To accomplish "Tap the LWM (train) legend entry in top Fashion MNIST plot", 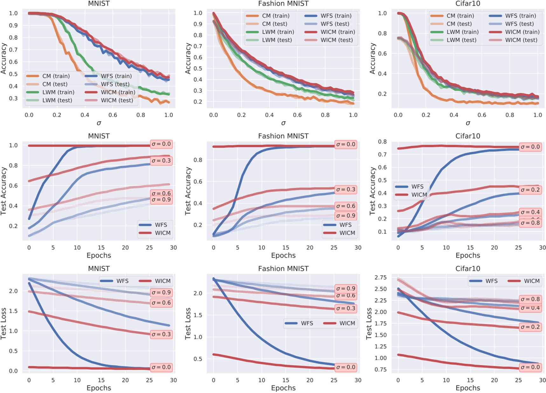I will point(270,32).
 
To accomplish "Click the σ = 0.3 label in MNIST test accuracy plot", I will point(161,161).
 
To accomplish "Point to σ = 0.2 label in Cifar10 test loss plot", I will point(530,327).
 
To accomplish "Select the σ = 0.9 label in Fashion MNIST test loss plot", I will point(346,289).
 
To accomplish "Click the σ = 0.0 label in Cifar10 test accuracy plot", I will point(530,147).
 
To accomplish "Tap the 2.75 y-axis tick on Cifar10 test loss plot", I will point(380,277).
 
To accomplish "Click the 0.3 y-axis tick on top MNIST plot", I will point(13,98).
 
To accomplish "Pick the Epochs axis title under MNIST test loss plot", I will point(99,388).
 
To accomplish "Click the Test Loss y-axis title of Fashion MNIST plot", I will point(188,323).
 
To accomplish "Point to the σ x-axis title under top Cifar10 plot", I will point(467,123).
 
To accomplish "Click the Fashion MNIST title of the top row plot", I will point(283,4).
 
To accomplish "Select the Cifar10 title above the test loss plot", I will point(467,269).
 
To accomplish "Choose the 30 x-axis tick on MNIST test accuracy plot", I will point(173,248).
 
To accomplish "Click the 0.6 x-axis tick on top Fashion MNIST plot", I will point(297,115).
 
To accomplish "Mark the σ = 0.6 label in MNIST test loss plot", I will point(161,303).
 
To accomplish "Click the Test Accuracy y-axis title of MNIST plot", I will point(3,191).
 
